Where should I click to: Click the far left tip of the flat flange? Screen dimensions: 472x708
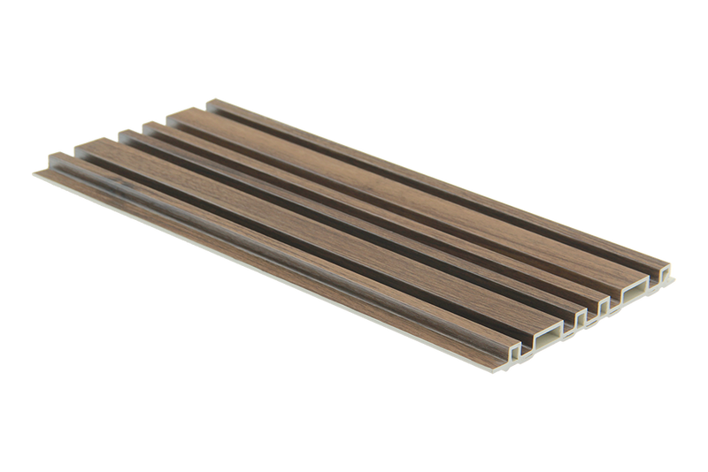[34, 168]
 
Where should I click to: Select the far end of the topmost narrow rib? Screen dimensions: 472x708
[213, 102]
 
